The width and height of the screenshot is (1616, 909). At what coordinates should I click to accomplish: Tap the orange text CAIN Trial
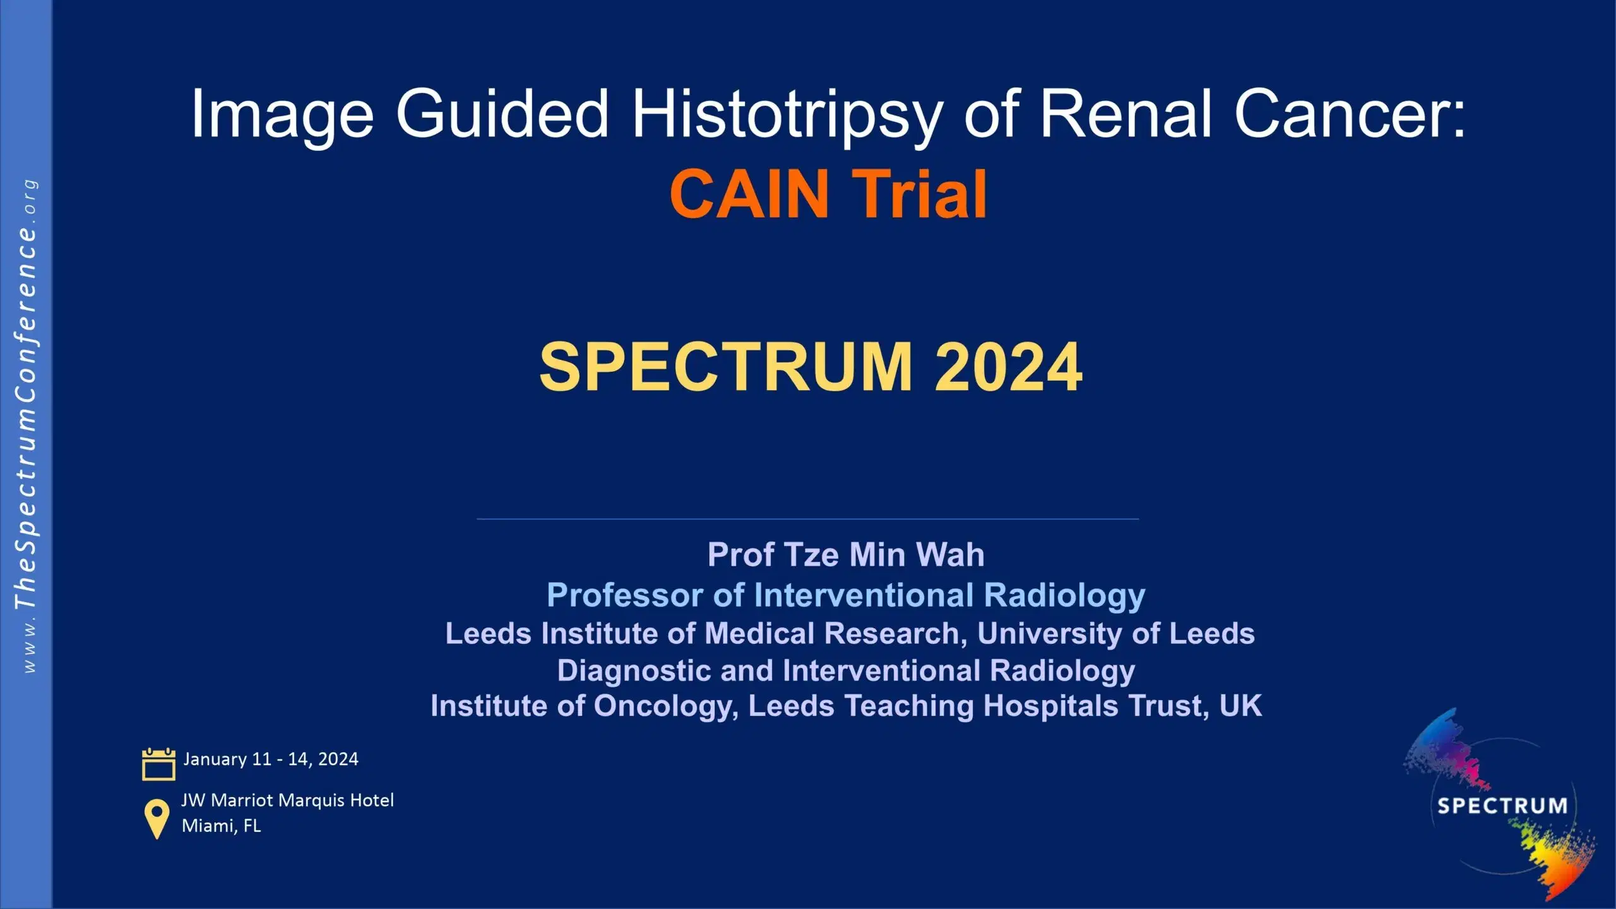pos(828,194)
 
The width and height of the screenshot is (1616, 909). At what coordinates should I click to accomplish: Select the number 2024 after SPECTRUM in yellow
pos(1008,367)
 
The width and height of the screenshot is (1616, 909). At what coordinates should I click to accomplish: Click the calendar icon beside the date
pos(158,764)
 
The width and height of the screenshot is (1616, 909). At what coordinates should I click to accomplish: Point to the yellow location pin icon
pos(157,818)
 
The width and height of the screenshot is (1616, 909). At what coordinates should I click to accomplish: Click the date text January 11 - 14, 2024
pos(271,759)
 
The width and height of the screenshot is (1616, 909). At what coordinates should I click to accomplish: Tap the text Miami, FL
pos(221,826)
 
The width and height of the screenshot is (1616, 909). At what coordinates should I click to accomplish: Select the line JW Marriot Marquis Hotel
pos(288,800)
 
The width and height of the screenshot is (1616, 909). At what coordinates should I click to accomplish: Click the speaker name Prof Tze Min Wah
pos(846,555)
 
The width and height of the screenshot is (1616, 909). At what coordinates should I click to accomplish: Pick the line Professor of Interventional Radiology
pos(846,595)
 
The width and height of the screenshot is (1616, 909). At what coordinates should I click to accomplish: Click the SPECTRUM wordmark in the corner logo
pos(1502,805)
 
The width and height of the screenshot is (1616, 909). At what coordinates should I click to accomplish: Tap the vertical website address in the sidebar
pos(27,426)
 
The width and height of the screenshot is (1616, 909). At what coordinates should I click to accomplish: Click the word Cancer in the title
pos(1350,114)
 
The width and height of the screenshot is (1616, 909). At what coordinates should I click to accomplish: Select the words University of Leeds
pos(1116,633)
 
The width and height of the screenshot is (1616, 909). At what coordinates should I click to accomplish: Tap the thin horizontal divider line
pos(808,519)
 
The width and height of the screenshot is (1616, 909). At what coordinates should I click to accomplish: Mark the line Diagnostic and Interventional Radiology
pos(846,670)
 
